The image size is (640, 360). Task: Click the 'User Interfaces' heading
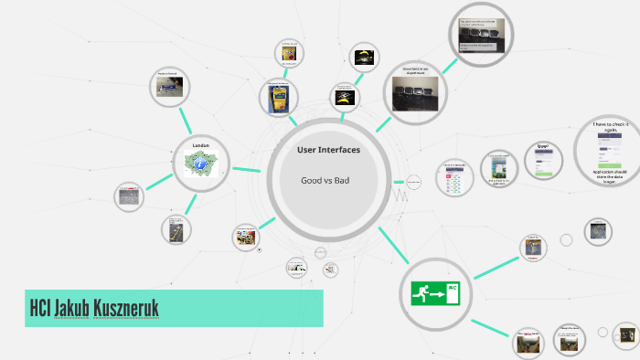point(328,149)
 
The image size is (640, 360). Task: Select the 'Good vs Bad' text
point(325,180)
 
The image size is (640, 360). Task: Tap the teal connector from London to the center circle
point(245,169)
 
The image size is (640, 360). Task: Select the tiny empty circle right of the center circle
point(413,183)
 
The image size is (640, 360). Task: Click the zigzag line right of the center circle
point(399,194)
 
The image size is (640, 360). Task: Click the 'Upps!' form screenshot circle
point(542,162)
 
